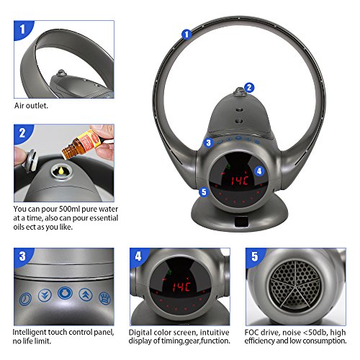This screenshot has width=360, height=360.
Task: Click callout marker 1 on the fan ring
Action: click(x=186, y=35)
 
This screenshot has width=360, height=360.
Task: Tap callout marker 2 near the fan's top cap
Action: click(x=249, y=88)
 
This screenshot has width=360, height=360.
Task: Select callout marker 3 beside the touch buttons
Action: click(x=208, y=143)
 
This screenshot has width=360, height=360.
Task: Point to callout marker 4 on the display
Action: click(x=259, y=171)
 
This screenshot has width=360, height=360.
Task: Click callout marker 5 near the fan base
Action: click(x=204, y=192)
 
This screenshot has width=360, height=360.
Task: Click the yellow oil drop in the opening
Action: click(x=61, y=171)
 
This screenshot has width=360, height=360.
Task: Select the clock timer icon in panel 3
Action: click(x=25, y=299)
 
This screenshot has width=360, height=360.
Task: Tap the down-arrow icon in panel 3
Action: click(x=45, y=295)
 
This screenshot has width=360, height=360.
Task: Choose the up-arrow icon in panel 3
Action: click(x=86, y=294)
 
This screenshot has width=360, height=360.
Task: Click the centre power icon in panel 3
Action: click(x=65, y=293)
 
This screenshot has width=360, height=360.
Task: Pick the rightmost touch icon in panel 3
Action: click(x=105, y=298)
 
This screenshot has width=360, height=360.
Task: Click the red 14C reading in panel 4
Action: click(x=181, y=287)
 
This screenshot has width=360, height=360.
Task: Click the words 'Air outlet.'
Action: click(x=31, y=106)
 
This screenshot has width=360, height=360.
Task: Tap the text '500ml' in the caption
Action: click(x=70, y=209)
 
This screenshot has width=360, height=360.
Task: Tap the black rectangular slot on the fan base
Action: click(x=242, y=222)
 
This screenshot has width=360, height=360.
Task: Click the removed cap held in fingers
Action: click(x=30, y=161)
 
